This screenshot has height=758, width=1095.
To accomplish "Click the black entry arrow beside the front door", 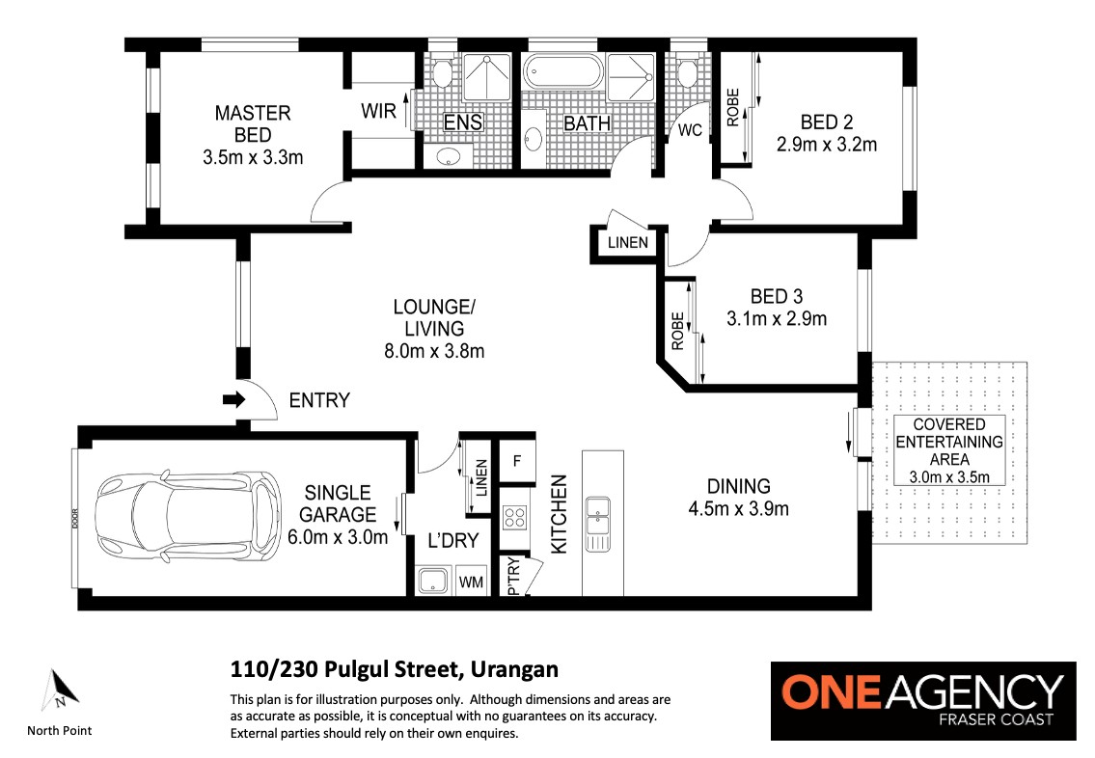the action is (233, 400).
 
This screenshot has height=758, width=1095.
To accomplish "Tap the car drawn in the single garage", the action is (188, 516).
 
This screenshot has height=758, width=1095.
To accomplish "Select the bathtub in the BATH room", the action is (562, 72).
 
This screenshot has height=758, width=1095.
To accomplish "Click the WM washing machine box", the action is (472, 582).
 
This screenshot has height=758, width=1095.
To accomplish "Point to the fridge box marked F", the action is (517, 461).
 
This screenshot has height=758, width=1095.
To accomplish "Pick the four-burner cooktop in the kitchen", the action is (515, 517).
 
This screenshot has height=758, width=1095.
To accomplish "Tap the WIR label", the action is (378, 111).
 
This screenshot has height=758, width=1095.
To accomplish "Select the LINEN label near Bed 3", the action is (628, 243).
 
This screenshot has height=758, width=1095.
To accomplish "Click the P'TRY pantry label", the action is (514, 576).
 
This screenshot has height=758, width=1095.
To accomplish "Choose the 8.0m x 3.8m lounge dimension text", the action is (434, 351).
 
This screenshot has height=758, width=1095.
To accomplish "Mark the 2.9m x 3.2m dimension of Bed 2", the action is (827, 145).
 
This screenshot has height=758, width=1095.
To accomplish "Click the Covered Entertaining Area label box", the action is (949, 450).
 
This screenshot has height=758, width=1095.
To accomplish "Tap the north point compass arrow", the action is (60, 690).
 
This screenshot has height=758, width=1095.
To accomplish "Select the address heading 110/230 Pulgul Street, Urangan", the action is (395, 669).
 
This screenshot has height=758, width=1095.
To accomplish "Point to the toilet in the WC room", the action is (687, 72).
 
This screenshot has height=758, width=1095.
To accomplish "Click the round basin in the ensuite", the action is (447, 156).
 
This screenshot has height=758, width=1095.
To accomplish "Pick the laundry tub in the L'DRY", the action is (434, 582).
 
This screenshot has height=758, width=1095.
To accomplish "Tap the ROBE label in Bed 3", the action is (677, 331).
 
